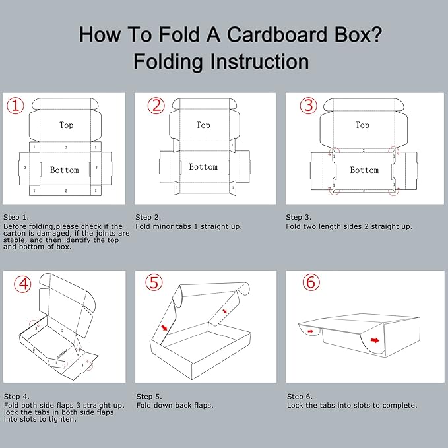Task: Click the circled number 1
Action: click(x=16, y=106)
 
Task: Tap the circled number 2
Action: click(x=156, y=106)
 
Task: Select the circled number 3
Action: click(x=307, y=106)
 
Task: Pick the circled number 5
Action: click(x=154, y=283)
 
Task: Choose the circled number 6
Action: click(x=311, y=283)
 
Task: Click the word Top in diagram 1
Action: click(x=66, y=125)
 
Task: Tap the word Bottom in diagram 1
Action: click(x=65, y=170)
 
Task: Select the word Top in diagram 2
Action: click(x=203, y=125)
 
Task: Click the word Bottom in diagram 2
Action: click(x=203, y=167)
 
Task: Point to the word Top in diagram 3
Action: click(x=362, y=125)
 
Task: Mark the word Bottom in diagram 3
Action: click(x=364, y=170)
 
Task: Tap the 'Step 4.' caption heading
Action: click(x=16, y=396)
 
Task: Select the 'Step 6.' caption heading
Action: click(x=300, y=396)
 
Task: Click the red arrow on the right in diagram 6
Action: click(x=375, y=341)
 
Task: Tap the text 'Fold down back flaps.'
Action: click(x=175, y=405)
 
